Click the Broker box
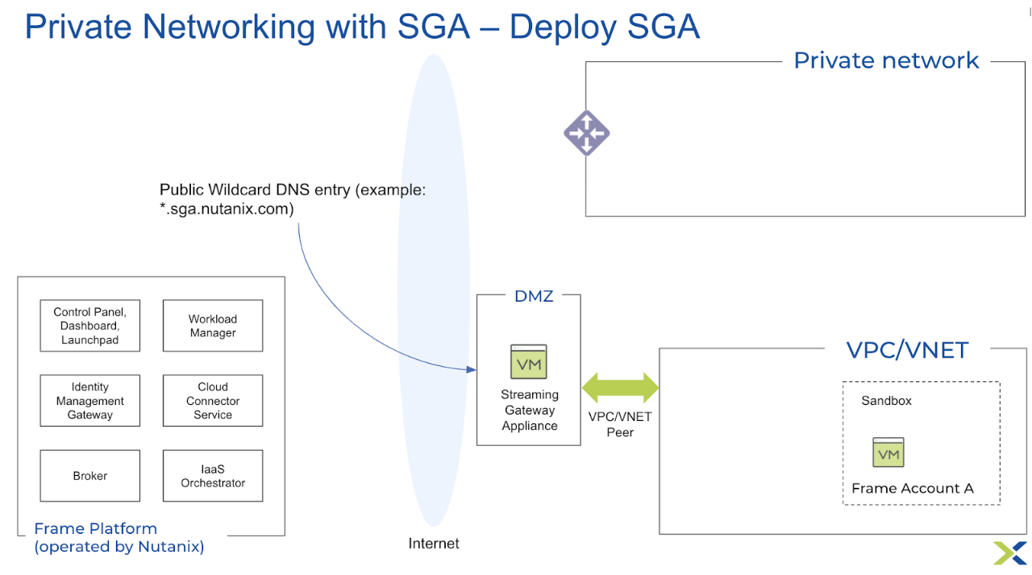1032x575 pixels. tap(90, 476)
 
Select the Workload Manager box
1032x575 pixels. tap(213, 326)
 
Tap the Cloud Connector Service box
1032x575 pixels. tap(213, 401)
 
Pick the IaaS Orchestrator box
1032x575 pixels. tap(213, 476)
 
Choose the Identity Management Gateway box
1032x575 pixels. tap(90, 401)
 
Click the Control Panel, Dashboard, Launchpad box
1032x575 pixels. tap(90, 326)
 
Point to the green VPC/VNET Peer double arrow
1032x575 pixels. tap(620, 387)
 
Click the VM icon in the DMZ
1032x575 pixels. tap(529, 362)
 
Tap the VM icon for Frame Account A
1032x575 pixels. tap(888, 452)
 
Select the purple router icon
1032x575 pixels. tap(586, 133)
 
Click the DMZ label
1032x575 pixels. tap(534, 296)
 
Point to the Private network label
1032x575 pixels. tap(886, 60)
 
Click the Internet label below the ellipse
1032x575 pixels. tap(434, 544)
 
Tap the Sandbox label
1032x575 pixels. tap(886, 400)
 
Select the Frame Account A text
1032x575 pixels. tap(913, 488)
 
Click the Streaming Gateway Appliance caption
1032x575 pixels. tap(530, 410)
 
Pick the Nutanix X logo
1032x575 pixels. tap(1009, 552)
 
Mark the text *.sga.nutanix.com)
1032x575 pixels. tap(227, 209)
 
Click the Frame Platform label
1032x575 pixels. tap(95, 528)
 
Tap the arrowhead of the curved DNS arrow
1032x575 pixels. tap(472, 369)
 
